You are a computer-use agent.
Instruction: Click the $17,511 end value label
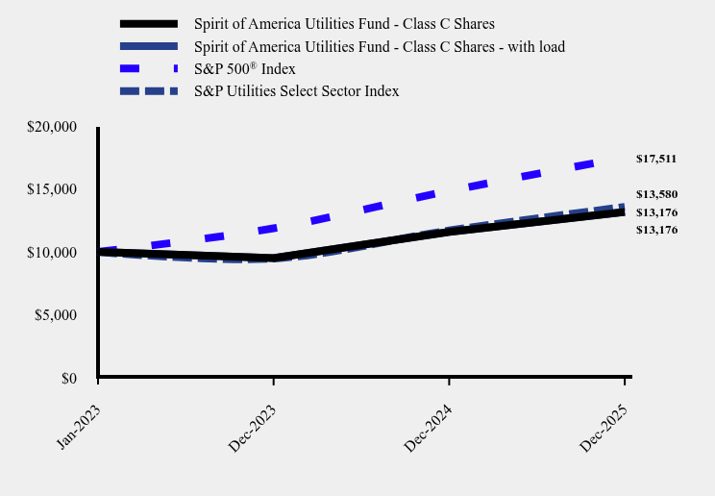point(656,159)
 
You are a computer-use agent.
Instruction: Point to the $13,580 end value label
point(656,194)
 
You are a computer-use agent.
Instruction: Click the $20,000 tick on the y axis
point(52,127)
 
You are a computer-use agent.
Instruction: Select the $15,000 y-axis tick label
point(52,189)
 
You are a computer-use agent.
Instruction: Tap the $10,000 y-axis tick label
point(52,253)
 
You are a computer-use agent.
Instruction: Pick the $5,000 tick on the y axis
point(56,315)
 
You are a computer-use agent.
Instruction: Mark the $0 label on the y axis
point(68,379)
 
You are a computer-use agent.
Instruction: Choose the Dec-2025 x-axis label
point(603,427)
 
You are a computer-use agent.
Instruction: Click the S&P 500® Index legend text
point(244,69)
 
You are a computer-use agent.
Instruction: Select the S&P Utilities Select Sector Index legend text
point(296,91)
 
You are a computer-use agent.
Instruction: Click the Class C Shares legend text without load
point(344,23)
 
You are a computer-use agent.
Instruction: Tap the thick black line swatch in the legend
point(149,23)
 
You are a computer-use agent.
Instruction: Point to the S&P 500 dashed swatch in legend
point(149,69)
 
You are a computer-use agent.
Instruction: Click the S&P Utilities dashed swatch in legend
point(149,91)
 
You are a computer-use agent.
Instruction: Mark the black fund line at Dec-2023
point(274,258)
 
